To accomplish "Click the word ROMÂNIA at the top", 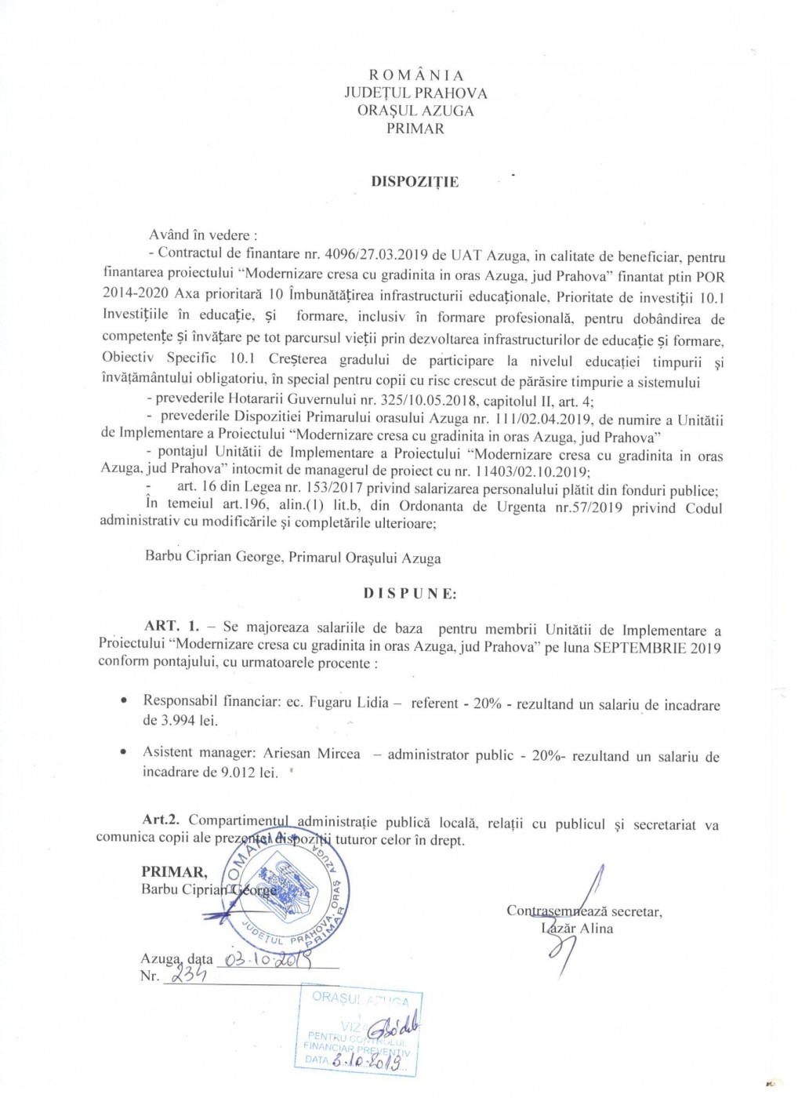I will point(415,75).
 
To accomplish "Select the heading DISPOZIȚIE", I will point(415,182).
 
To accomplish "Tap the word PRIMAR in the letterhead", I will point(415,128).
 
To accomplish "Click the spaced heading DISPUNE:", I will point(410,594).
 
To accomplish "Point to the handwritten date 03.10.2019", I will point(268,958).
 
